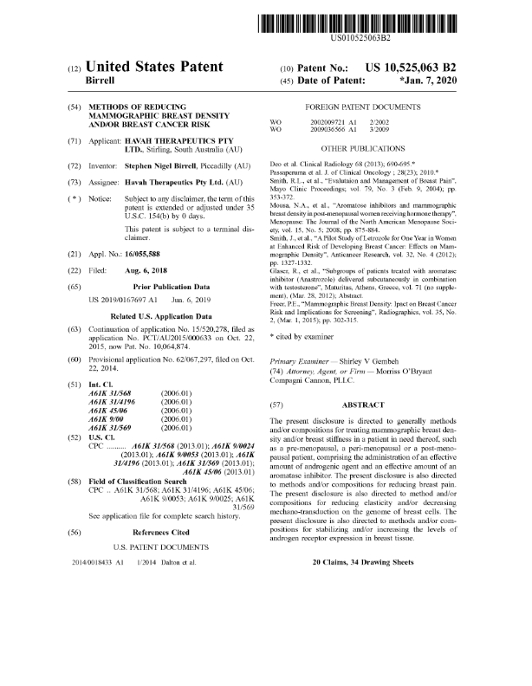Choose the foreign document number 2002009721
pyautogui.click(x=328, y=124)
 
